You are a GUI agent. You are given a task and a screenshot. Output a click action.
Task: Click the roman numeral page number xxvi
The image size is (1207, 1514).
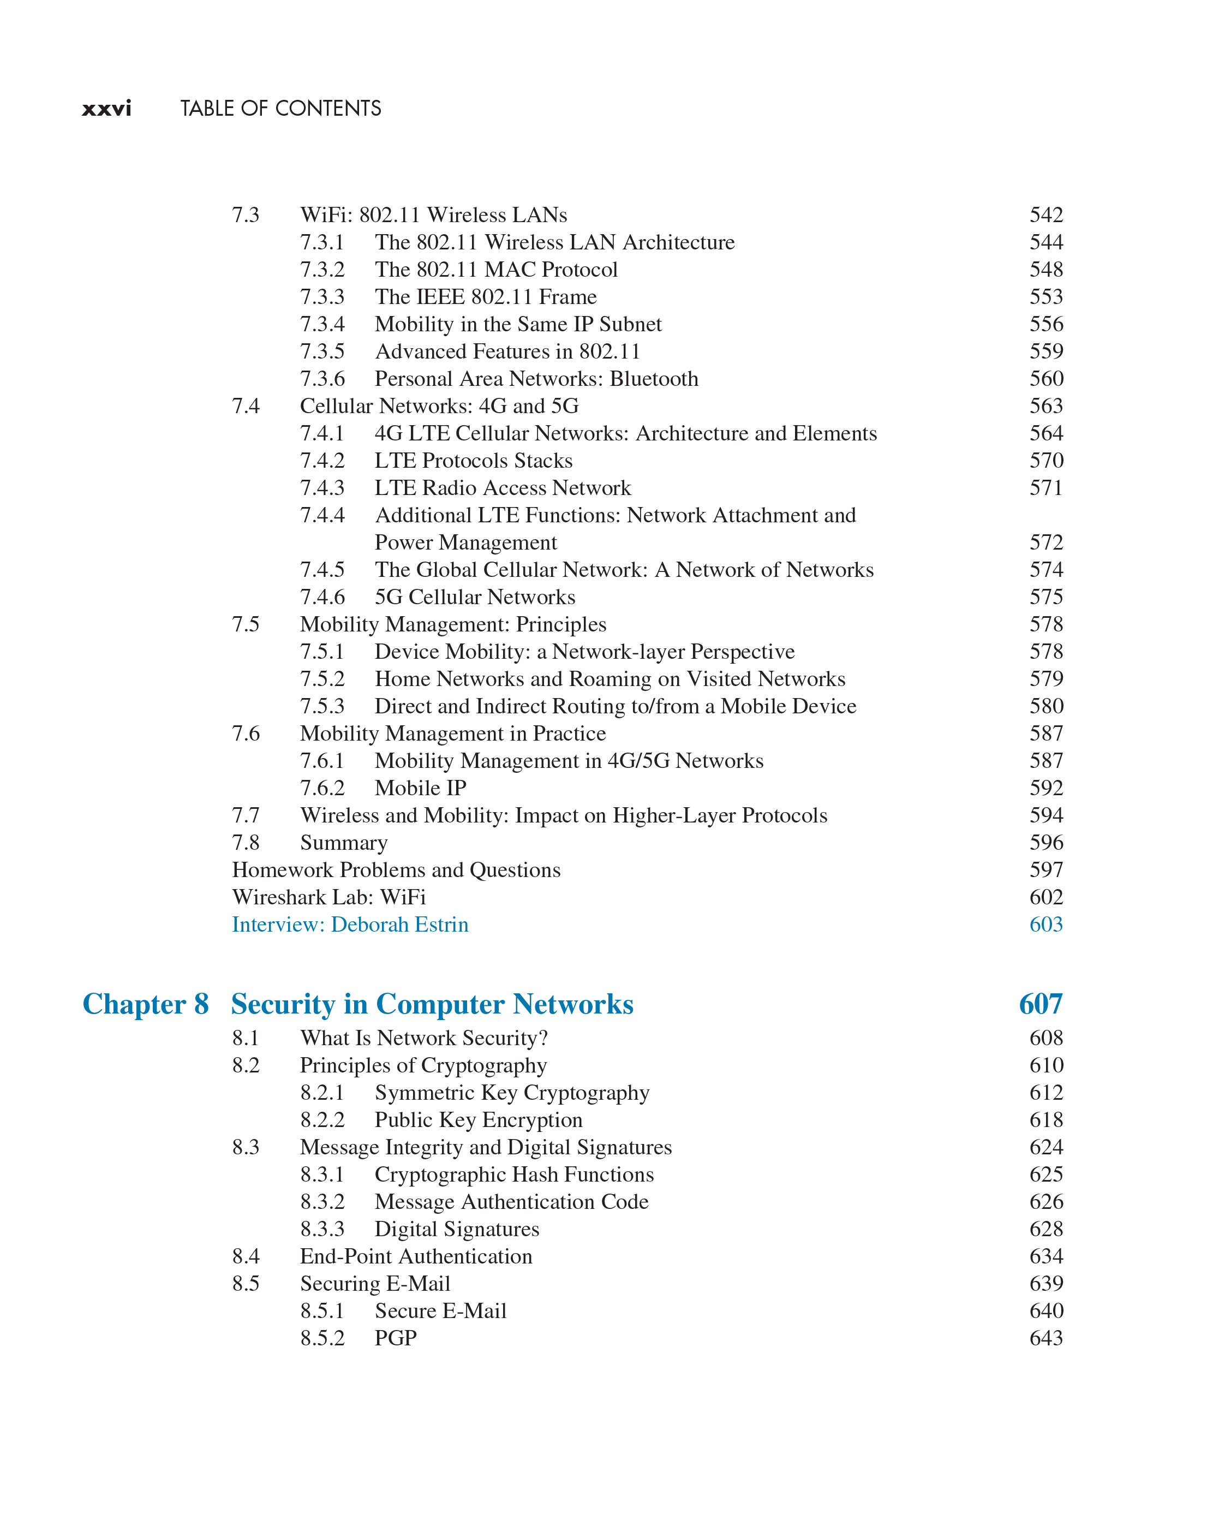tap(107, 109)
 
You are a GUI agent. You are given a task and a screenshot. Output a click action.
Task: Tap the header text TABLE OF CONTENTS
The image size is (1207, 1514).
tap(281, 109)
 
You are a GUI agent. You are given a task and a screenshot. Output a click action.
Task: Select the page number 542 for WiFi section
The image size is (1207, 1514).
tap(1045, 215)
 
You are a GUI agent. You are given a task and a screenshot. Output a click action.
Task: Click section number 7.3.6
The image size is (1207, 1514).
tap(322, 379)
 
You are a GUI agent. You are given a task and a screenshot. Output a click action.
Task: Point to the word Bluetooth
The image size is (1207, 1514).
tap(654, 379)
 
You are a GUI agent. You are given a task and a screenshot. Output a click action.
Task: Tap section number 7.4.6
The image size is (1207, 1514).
tap(322, 598)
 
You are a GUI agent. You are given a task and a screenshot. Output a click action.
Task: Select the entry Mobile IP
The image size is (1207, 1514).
tap(420, 789)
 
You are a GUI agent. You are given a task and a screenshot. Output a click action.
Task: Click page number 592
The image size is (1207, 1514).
tap(1045, 789)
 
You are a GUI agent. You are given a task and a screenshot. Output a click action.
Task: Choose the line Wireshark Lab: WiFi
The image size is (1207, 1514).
tap(328, 897)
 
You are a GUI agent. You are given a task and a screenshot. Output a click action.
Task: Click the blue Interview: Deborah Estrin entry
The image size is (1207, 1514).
tap(350, 925)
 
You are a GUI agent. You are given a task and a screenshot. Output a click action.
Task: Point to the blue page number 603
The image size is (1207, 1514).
tap(1045, 925)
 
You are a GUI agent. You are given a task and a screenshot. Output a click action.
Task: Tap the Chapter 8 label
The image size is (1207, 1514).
tap(145, 1004)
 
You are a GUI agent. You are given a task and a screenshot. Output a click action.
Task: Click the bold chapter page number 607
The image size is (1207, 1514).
tap(1040, 1004)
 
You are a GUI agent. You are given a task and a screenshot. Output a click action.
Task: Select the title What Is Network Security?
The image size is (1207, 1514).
tap(423, 1039)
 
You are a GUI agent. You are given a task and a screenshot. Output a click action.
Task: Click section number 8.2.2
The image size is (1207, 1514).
tap(322, 1120)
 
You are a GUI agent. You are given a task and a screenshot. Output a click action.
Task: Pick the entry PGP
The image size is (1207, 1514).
tap(395, 1338)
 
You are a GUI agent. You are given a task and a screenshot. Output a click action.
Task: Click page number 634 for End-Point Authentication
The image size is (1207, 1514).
tap(1045, 1256)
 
